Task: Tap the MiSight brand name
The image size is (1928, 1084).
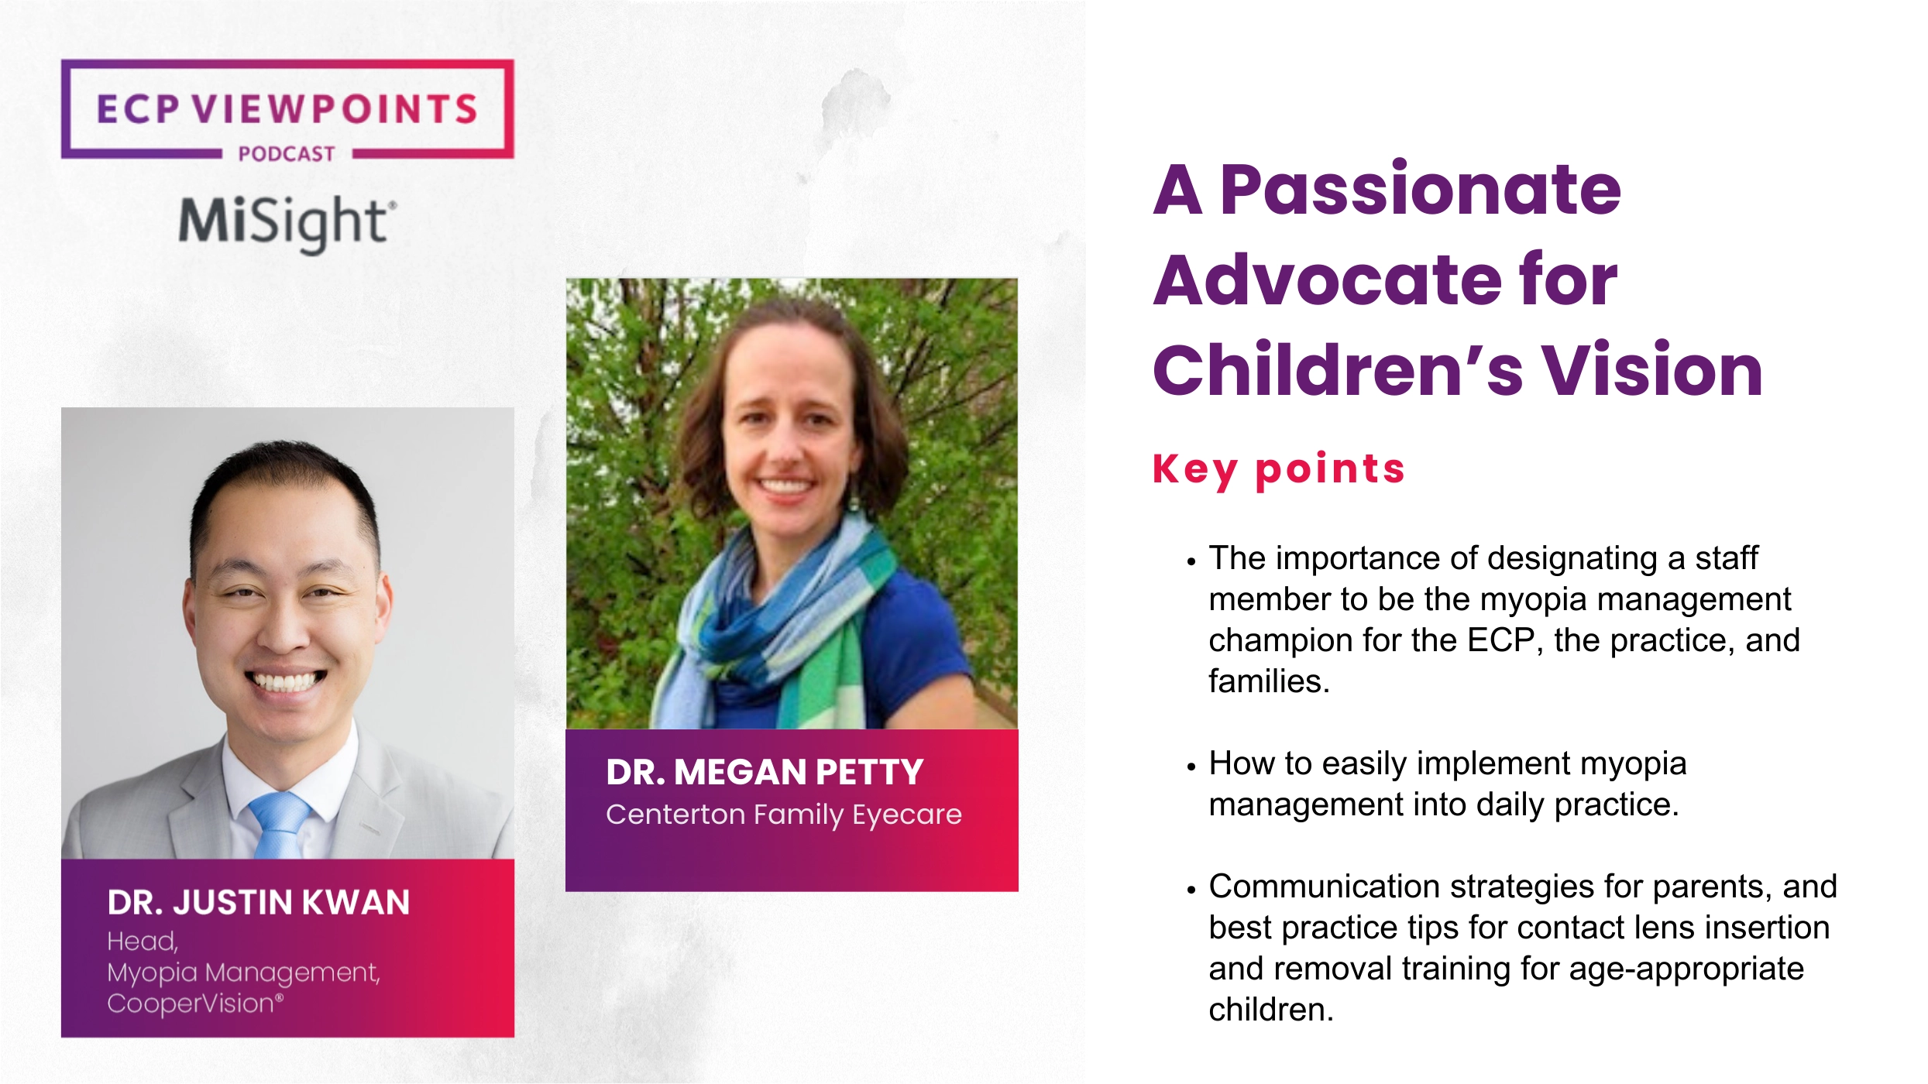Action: tap(287, 222)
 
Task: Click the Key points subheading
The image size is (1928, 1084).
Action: tap(1278, 469)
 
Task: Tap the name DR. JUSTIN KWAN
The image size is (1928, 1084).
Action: tap(259, 903)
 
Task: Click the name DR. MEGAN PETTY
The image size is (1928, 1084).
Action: tap(765, 773)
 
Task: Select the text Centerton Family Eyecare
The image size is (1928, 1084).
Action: tap(783, 815)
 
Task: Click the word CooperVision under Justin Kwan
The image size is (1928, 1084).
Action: tap(192, 1004)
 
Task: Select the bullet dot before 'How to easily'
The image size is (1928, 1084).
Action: tap(1191, 767)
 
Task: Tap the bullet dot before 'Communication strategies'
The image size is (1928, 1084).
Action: tap(1191, 890)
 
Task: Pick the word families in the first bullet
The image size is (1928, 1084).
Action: tap(1268, 682)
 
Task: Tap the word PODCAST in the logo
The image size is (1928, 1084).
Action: tap(287, 154)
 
